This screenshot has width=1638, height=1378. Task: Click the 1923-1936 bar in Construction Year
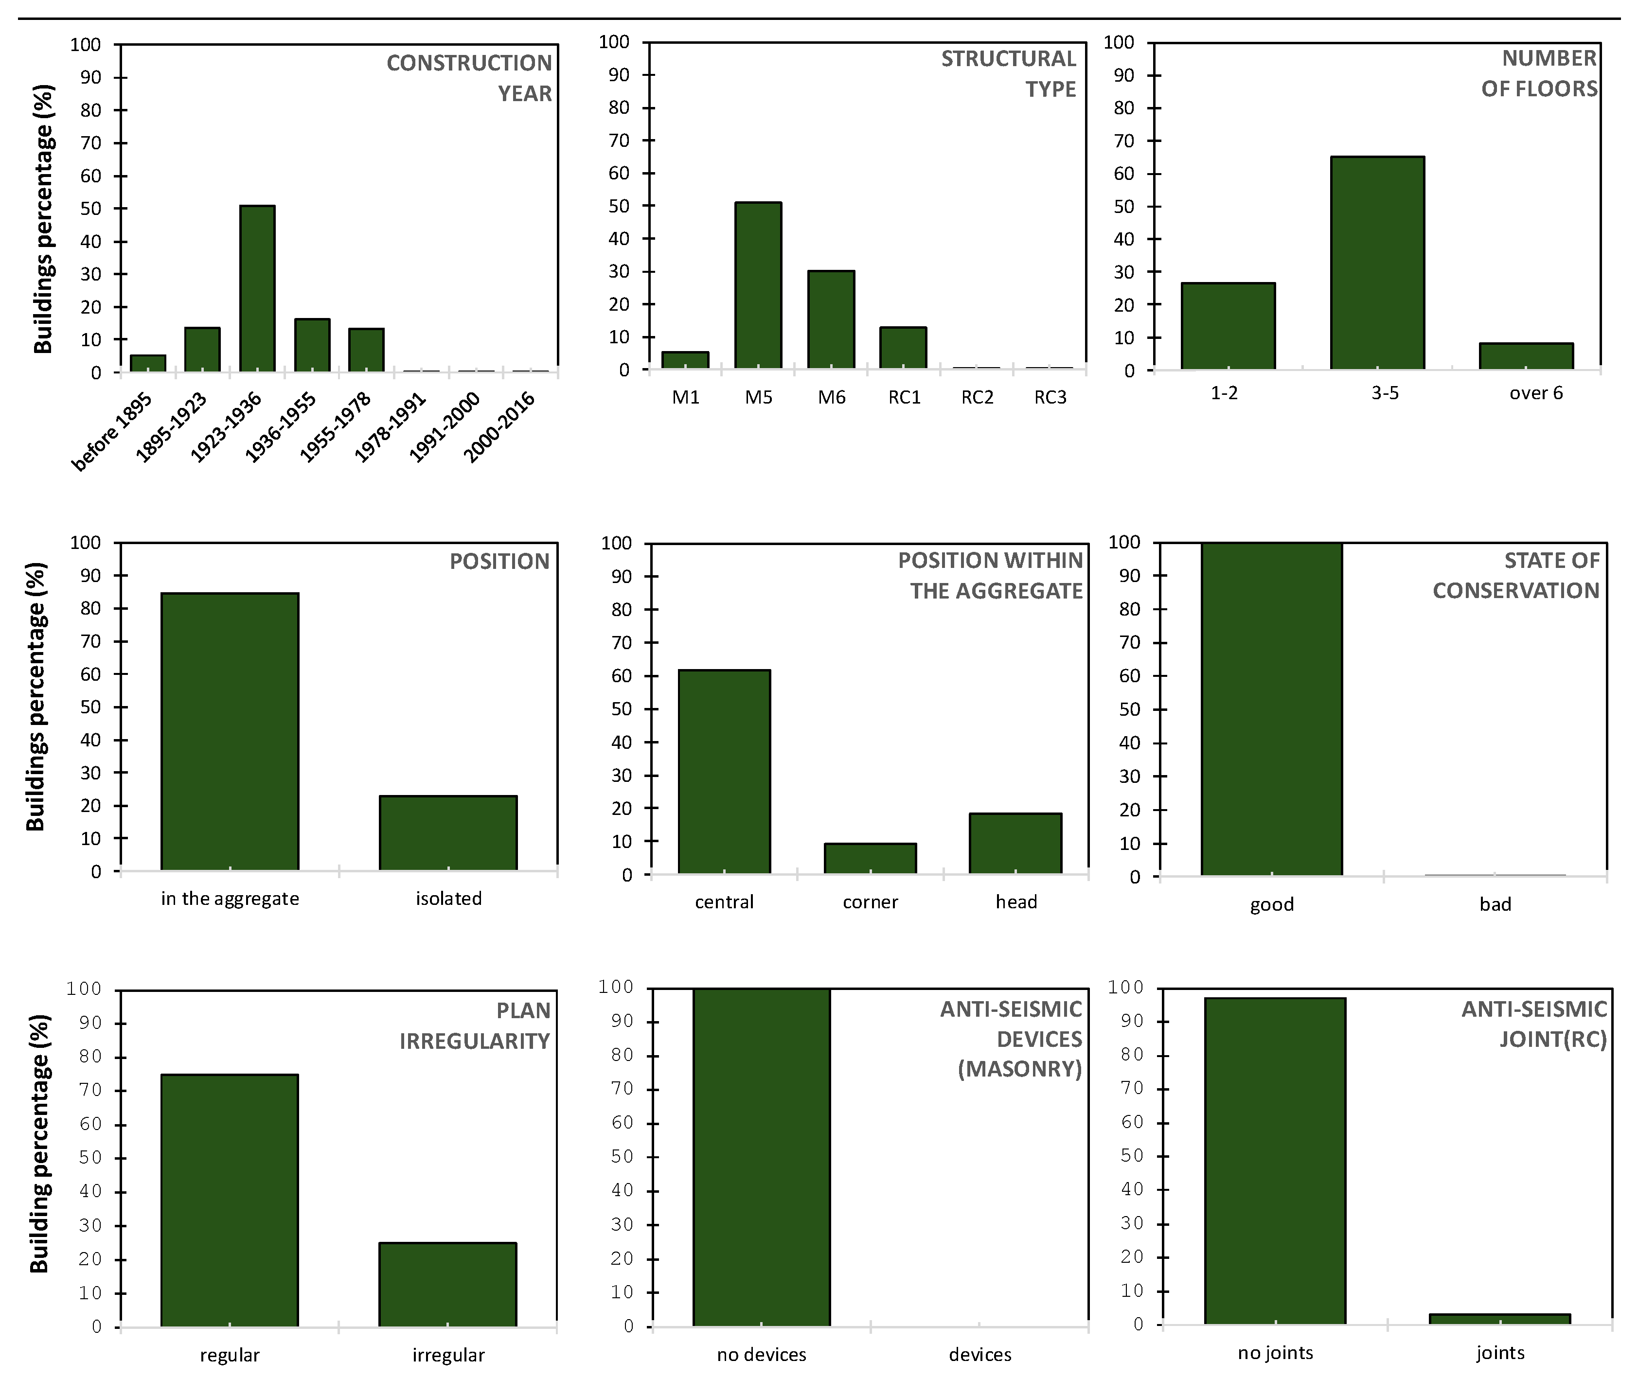coord(257,288)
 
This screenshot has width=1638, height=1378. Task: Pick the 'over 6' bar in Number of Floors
coord(1526,356)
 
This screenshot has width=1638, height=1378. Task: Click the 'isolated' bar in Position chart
coord(448,833)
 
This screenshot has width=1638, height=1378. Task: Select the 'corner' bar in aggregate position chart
coord(870,859)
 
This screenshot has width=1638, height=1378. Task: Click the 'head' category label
coord(1016,902)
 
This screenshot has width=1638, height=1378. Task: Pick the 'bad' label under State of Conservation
coord(1495,904)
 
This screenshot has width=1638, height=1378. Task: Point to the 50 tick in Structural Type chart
coord(619,206)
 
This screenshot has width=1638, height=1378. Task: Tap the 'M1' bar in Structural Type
coord(685,360)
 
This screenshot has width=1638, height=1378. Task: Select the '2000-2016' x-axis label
coord(499,427)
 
